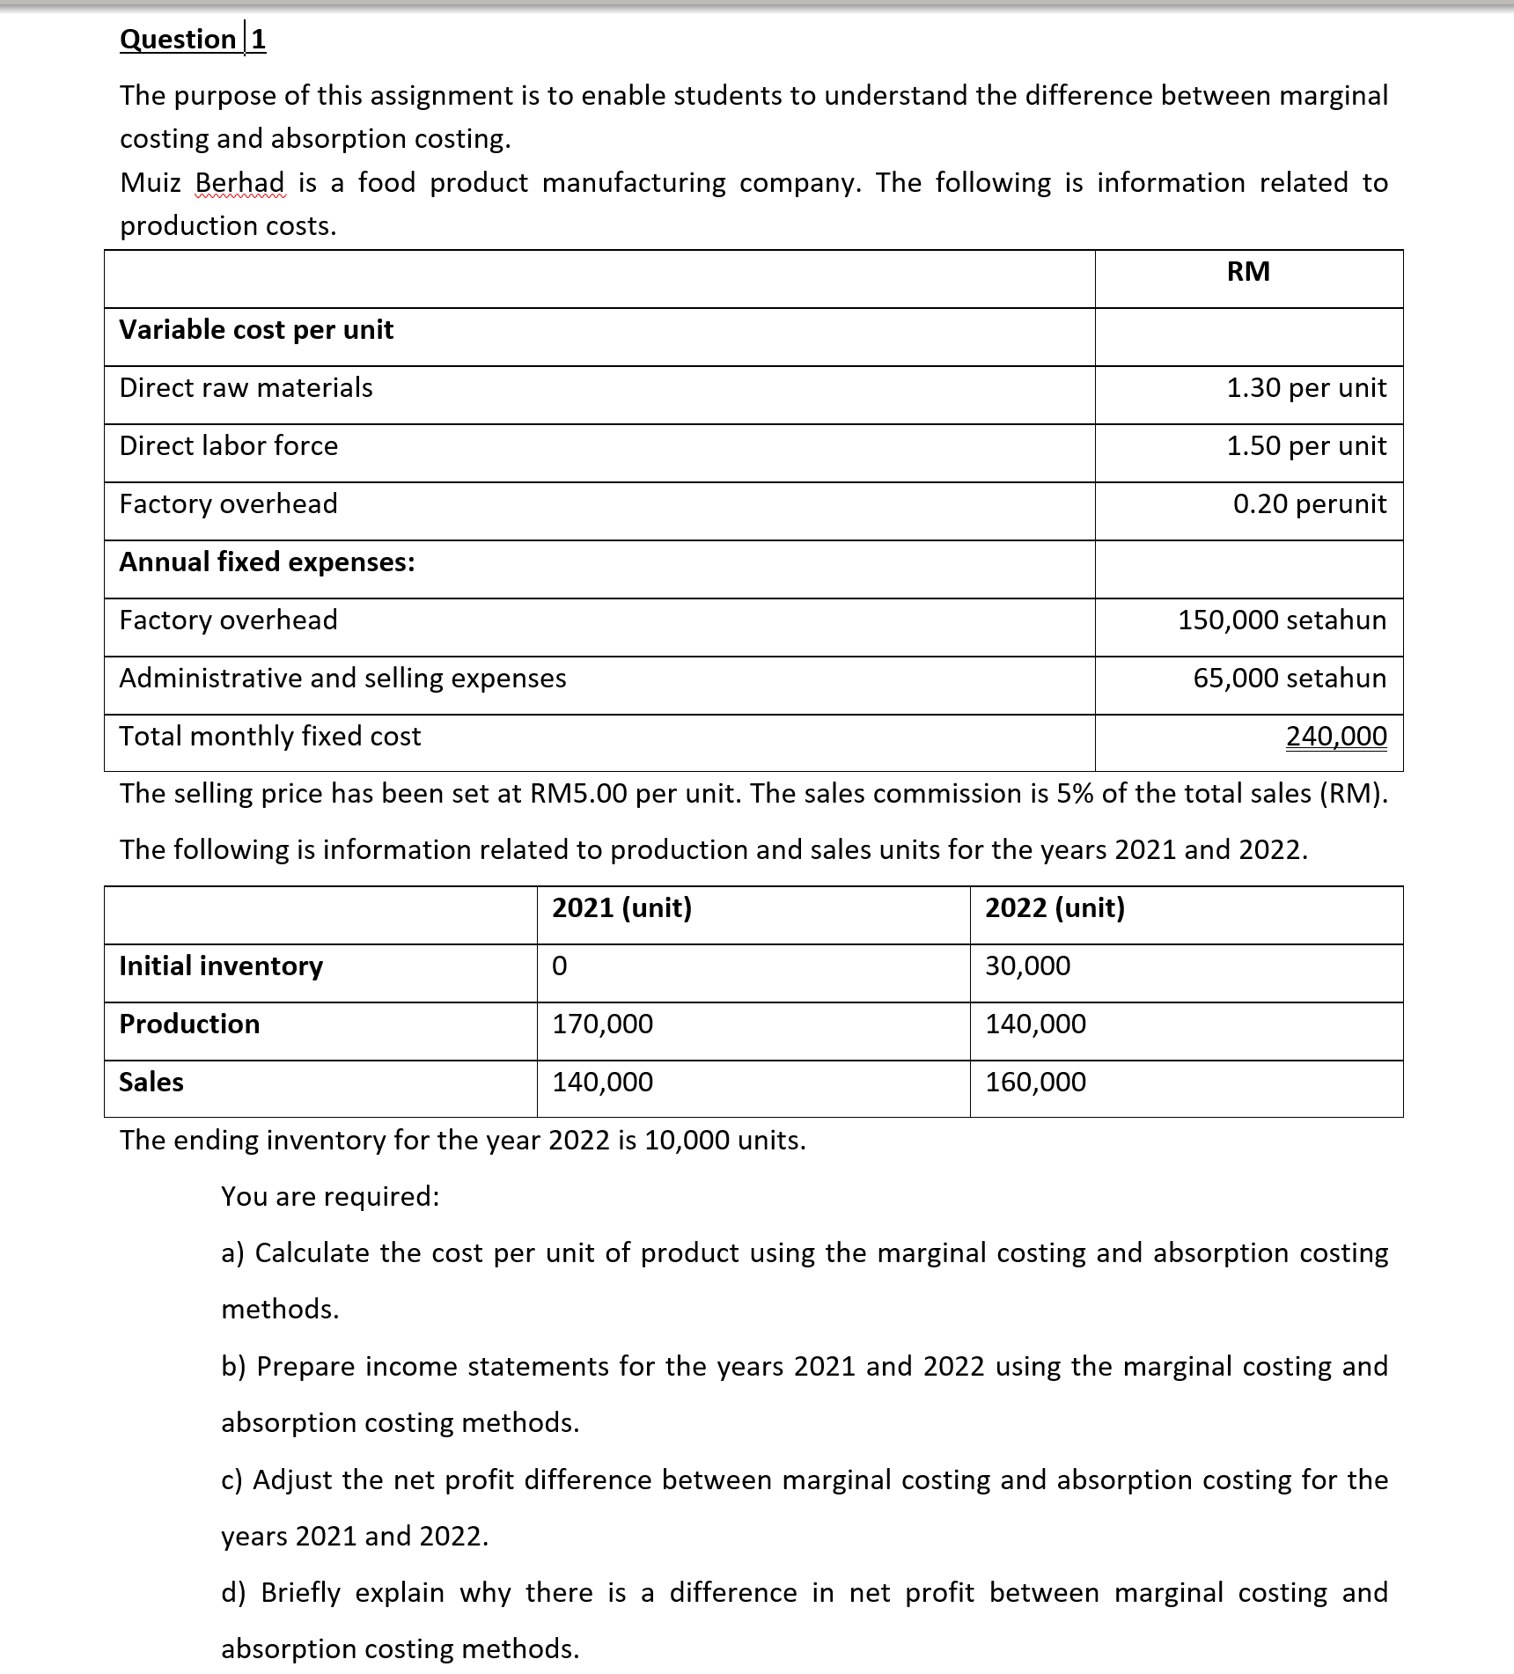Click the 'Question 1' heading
click(193, 40)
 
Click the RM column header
click(1248, 272)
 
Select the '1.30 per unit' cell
click(1306, 388)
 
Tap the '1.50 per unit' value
click(1306, 446)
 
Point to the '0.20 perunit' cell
click(1309, 504)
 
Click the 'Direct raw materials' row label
click(246, 388)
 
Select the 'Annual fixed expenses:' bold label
click(267, 562)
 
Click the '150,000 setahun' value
click(1282, 620)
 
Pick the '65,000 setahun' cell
click(1290, 679)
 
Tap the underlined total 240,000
click(1336, 737)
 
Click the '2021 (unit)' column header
click(621, 908)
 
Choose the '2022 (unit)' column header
click(1055, 908)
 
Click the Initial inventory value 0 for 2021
click(560, 966)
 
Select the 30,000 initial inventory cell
click(1027, 966)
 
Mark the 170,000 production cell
click(602, 1024)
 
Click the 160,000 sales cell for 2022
click(1035, 1083)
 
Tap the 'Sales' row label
click(151, 1083)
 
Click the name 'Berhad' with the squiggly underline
click(239, 183)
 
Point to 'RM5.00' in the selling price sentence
click(578, 794)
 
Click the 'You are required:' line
click(330, 1197)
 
